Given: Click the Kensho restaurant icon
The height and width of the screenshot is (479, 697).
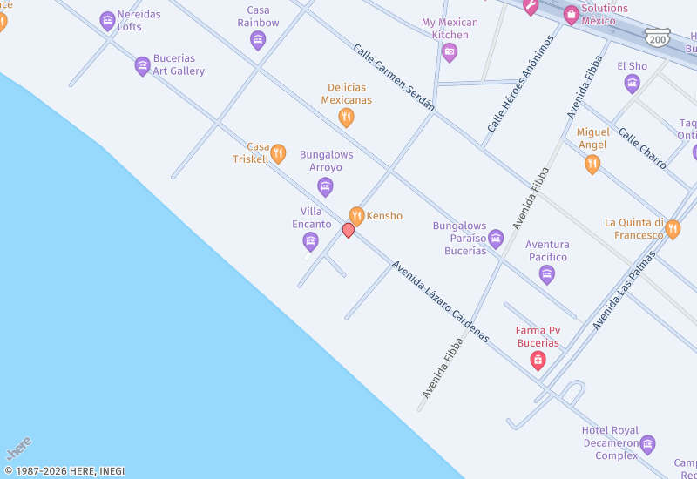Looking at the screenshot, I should [356, 215].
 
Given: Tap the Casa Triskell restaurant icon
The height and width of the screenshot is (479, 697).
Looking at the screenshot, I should [278, 154].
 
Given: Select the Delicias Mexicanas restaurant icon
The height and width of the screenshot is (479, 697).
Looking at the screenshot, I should [346, 117].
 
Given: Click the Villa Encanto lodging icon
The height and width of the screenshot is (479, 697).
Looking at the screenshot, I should [310, 241].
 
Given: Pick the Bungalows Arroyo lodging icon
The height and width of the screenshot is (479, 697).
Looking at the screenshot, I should [325, 186].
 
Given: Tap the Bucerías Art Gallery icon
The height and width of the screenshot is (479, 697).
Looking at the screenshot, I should [142, 65].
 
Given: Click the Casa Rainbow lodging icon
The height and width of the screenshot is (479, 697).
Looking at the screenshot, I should [258, 40].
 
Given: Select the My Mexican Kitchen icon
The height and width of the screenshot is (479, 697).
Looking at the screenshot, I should [450, 52].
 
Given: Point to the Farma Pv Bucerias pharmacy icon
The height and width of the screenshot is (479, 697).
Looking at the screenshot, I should [538, 360].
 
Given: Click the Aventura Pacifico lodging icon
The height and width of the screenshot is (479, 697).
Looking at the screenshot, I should [547, 274].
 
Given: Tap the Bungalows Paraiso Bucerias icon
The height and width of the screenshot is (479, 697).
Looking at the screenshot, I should [496, 239].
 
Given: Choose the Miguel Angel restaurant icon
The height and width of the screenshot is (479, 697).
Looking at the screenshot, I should [592, 164].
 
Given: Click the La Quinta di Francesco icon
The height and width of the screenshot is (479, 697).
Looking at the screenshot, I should [673, 229].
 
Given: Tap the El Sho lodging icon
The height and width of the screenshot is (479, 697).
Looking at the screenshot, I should [633, 83].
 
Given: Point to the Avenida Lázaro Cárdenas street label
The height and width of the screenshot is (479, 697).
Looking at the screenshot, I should [440, 300].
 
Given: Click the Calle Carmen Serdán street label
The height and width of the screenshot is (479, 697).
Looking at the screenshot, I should [394, 78].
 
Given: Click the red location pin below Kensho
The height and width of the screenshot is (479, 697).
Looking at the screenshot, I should [348, 230].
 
